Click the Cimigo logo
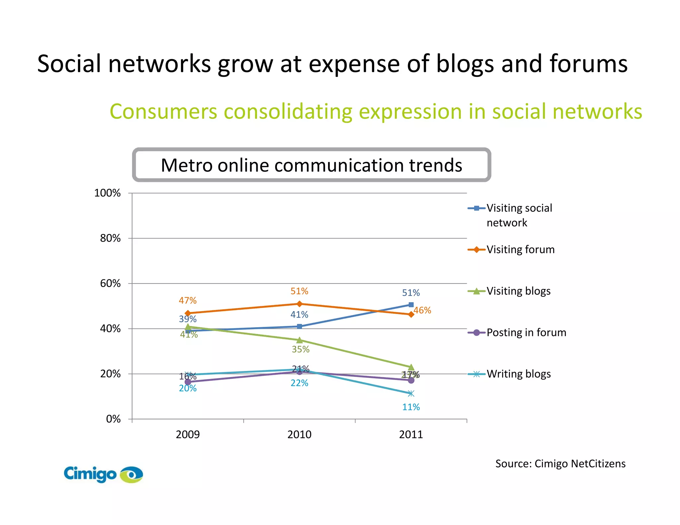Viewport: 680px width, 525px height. [x=103, y=474]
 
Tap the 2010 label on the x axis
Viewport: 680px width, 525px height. [x=299, y=434]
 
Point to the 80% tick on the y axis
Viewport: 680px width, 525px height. [x=110, y=238]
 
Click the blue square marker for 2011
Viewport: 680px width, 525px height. [x=411, y=305]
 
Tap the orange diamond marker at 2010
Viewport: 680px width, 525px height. [x=299, y=304]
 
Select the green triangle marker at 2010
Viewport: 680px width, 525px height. [x=299, y=340]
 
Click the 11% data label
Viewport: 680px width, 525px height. [x=411, y=407]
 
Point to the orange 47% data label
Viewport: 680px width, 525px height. [x=188, y=301]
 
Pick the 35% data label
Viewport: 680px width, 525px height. [x=300, y=349]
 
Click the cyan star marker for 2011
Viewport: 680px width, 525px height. [x=411, y=394]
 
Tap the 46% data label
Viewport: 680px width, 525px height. [x=422, y=311]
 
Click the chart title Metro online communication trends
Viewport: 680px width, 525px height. [x=311, y=165]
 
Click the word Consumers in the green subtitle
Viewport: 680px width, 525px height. [x=163, y=111]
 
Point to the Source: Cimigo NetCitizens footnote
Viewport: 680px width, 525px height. [x=560, y=464]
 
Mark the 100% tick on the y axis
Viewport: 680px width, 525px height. [x=107, y=193]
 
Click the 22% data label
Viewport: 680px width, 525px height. [x=299, y=383]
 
